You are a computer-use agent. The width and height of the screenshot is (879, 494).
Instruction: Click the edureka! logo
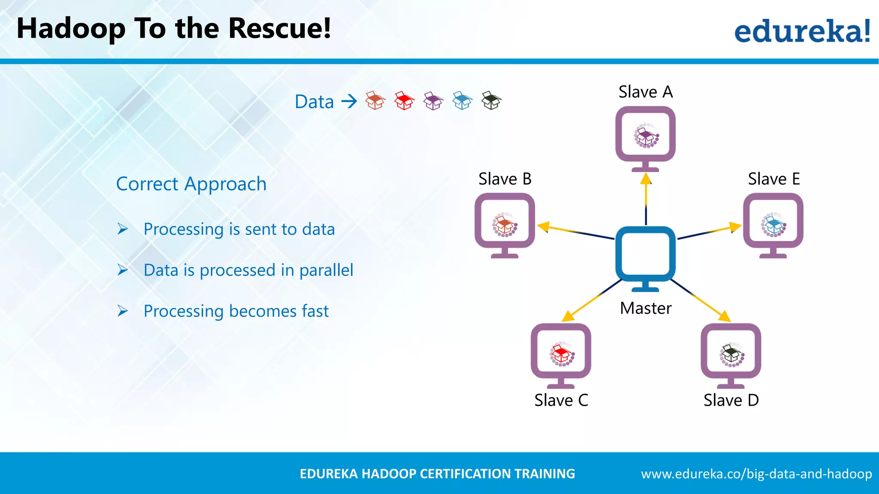pos(802,31)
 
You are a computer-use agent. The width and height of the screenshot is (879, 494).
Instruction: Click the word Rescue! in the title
pos(279,28)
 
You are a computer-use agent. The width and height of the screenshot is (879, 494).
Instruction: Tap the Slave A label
pos(646,92)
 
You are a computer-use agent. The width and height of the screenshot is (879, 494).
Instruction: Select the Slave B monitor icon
pos(505,224)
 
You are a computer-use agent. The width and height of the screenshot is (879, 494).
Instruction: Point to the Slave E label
pos(774,179)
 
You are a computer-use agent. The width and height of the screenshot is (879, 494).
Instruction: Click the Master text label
pos(646,308)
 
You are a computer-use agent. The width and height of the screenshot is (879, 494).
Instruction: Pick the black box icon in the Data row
pos(491,101)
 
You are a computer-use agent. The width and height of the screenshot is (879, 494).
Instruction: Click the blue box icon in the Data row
pos(462,101)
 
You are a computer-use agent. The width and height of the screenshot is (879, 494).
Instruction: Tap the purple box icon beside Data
pos(433,101)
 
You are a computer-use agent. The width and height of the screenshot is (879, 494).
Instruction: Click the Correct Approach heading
pos(191,184)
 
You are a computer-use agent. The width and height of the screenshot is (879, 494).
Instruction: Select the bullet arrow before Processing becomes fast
pos(123,311)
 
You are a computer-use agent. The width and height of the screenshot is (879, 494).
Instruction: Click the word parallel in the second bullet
pos(326,270)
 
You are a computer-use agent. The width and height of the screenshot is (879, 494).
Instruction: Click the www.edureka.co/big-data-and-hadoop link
pos(756,474)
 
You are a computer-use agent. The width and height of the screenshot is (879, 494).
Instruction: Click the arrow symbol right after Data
pos(349,102)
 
